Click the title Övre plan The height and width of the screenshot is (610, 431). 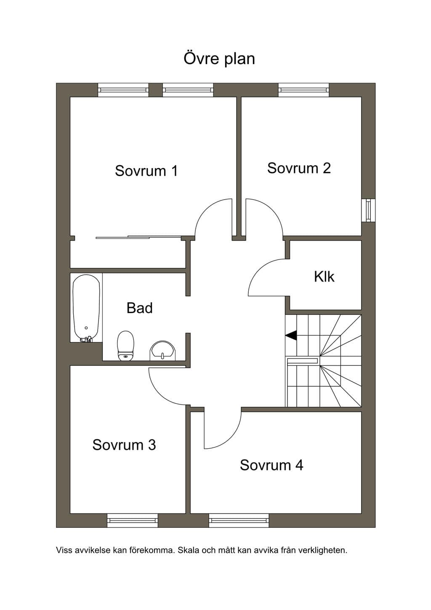219,59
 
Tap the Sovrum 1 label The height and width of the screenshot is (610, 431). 146,171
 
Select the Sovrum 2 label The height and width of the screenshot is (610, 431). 299,168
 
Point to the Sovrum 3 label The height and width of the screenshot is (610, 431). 124,444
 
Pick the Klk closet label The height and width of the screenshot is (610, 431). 324,276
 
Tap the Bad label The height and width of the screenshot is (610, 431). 140,308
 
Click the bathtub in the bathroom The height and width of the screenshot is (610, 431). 86,308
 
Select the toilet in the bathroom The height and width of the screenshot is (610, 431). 126,345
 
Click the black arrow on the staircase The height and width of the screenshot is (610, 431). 291,335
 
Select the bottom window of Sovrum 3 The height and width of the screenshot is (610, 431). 133,520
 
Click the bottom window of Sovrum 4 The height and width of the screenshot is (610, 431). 239,520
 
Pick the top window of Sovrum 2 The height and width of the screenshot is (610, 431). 303,90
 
